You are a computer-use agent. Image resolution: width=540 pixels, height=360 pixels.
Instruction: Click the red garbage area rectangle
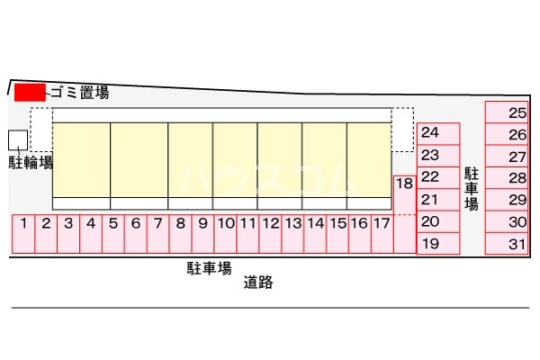click(30, 91)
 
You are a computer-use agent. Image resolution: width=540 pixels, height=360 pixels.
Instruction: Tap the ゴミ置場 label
click(79, 91)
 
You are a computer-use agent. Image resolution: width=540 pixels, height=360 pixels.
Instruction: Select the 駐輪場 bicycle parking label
click(31, 163)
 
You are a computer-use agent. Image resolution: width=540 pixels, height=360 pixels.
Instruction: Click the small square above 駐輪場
click(18, 139)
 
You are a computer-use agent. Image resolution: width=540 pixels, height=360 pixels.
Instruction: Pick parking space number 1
click(22, 233)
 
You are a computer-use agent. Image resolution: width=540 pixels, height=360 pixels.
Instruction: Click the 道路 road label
click(257, 283)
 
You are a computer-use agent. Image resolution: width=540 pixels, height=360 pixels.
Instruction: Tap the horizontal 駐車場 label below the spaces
click(210, 267)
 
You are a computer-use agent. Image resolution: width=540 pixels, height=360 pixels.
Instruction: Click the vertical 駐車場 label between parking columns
click(471, 188)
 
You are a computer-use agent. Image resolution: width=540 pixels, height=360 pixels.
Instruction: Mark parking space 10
click(225, 233)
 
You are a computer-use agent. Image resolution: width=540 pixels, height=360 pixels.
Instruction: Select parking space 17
click(382, 233)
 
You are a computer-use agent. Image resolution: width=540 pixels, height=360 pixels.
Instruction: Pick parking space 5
click(112, 233)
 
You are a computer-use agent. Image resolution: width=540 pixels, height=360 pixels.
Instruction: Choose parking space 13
click(292, 233)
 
